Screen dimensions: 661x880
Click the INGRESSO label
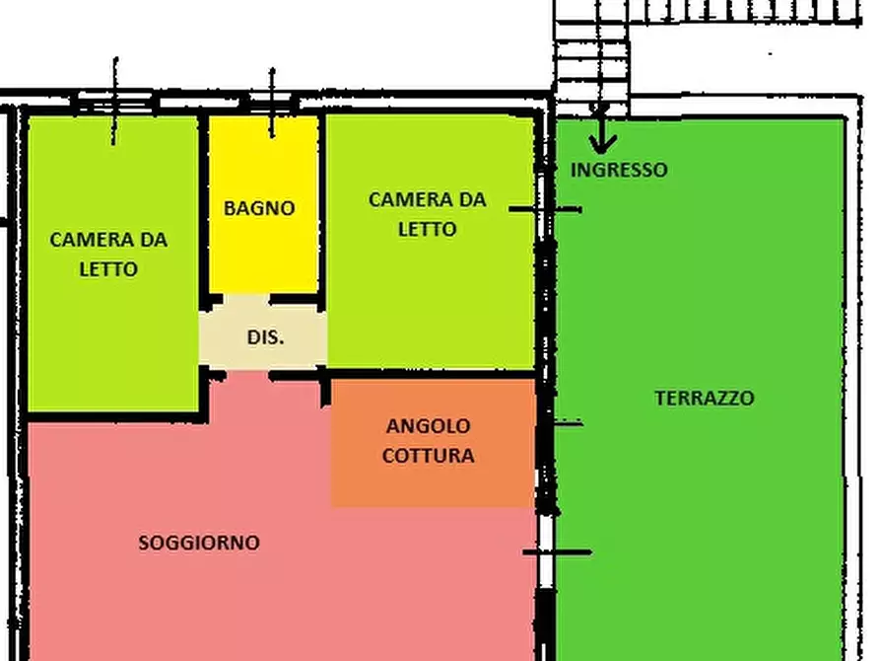point(619,170)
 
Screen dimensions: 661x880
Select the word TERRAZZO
point(705,399)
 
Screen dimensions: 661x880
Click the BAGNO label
point(259,208)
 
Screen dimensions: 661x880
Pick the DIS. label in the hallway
point(265,336)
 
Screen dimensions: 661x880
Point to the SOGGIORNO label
point(199,543)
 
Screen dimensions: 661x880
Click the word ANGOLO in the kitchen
point(428,426)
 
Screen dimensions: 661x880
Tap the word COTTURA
point(428,456)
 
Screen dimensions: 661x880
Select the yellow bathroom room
point(262,247)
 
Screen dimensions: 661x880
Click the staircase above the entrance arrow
point(591,59)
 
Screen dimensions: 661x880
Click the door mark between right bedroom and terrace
point(545,209)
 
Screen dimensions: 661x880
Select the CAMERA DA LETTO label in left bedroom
point(108,254)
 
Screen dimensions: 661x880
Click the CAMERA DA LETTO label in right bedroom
point(427,214)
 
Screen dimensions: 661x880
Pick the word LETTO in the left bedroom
point(108,269)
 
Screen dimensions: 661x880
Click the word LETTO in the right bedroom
point(427,230)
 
